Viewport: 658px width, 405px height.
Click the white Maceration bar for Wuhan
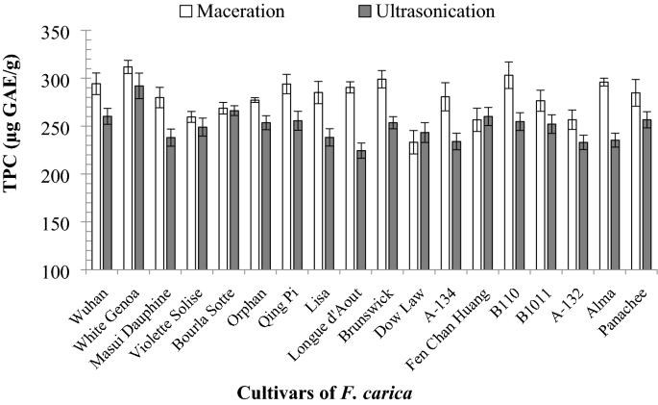(x=96, y=177)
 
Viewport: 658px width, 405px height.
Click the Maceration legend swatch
(x=187, y=13)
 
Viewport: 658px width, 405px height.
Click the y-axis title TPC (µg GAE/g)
(x=17, y=151)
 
